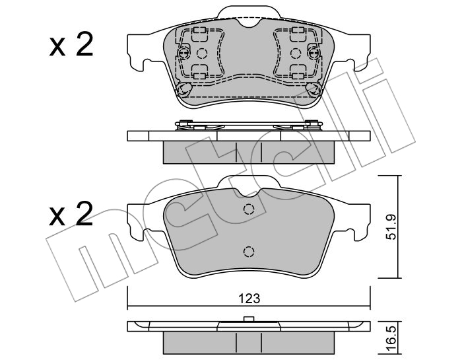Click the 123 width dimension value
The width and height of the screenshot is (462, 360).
coord(249,299)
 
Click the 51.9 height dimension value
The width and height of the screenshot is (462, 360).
coord(392,227)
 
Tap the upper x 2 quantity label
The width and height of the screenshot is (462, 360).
coord(71,44)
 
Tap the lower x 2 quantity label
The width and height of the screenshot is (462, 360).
coord(71,214)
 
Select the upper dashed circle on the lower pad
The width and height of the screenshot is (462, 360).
coord(249,209)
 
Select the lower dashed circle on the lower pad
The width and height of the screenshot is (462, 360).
coord(249,252)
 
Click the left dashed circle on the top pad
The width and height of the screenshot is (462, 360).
coord(202,54)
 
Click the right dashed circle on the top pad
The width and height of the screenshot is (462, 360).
coord(296,54)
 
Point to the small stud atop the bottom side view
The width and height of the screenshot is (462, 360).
coord(249,319)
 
